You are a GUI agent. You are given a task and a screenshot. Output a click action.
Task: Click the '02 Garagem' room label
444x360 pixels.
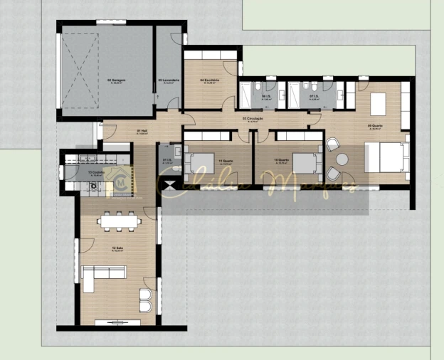point(117,80)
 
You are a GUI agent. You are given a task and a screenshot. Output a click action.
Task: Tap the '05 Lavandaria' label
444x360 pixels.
point(168,80)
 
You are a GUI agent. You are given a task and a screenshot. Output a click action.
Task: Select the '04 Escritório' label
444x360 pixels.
point(209,80)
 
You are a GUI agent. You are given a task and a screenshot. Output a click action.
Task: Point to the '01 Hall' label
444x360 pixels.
point(142,132)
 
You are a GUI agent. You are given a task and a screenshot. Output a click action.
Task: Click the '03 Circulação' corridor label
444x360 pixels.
point(252,119)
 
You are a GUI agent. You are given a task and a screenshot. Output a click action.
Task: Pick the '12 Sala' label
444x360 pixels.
point(117,248)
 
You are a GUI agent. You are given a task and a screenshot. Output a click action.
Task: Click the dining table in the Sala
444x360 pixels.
point(120,222)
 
